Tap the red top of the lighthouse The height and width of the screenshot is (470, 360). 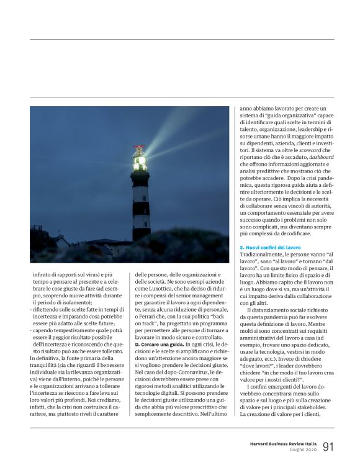[x=140, y=149]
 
